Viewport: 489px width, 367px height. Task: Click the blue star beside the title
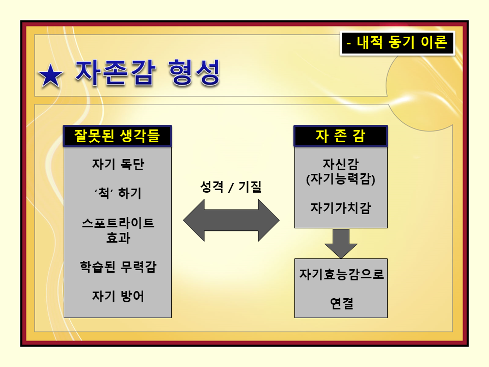pyautogui.click(x=50, y=76)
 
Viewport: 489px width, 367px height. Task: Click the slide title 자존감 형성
pyautogui.click(x=148, y=73)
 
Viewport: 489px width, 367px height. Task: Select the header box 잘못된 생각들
pyautogui.click(x=117, y=136)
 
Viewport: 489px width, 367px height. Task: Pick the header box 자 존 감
pyautogui.click(x=341, y=136)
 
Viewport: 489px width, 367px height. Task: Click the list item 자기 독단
pyautogui.click(x=118, y=165)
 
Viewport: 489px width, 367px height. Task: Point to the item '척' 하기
pyautogui.click(x=118, y=194)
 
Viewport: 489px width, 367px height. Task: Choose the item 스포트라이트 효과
pyautogui.click(x=118, y=229)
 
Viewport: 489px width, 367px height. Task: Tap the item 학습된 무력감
pyautogui.click(x=118, y=267)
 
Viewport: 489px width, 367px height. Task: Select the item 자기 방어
pyautogui.click(x=118, y=296)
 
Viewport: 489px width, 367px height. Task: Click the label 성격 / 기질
pyautogui.click(x=231, y=187)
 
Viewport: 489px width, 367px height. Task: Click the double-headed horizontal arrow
pyautogui.click(x=231, y=220)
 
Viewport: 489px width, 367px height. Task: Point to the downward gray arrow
pyautogui.click(x=341, y=243)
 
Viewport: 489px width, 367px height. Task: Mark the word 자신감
pyautogui.click(x=341, y=164)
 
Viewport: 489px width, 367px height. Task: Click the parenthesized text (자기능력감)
pyautogui.click(x=341, y=179)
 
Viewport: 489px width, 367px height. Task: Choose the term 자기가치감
pyautogui.click(x=341, y=208)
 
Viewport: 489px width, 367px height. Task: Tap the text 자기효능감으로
pyautogui.click(x=341, y=275)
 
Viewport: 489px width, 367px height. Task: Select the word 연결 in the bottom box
pyautogui.click(x=341, y=304)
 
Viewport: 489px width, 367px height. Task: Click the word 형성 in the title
pyautogui.click(x=194, y=73)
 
